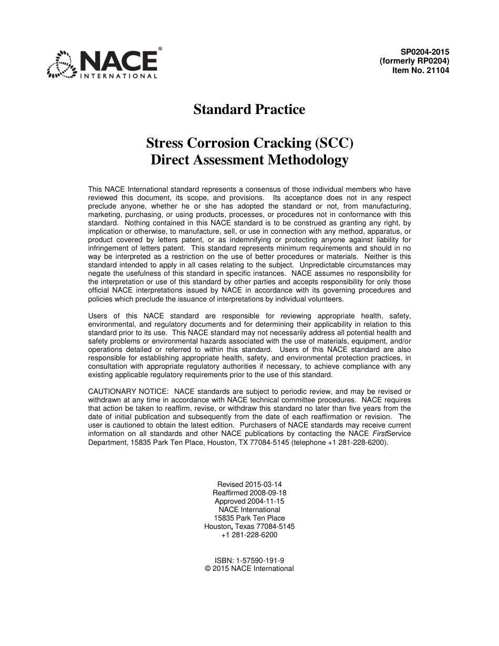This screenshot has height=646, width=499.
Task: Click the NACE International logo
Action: click(102, 65)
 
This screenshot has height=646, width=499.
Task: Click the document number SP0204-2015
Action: click(425, 52)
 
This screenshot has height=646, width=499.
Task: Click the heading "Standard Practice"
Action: click(249, 110)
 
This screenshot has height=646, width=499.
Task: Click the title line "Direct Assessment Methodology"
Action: click(249, 160)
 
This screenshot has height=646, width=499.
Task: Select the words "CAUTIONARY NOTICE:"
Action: click(129, 392)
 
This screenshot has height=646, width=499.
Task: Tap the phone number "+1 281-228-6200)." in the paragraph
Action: click(357, 442)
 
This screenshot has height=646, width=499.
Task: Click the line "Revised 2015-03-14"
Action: click(250, 485)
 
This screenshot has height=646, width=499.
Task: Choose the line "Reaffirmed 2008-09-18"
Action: click(250, 493)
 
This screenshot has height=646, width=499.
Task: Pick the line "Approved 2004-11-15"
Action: click(250, 502)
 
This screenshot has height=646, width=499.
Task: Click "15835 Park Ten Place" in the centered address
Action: click(250, 518)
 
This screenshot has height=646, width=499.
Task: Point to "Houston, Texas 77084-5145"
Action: click(250, 527)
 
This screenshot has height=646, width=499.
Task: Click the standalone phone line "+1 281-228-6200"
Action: click(250, 535)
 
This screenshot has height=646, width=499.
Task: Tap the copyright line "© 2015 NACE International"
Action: click(250, 569)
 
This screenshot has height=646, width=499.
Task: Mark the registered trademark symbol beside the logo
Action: click(160, 48)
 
